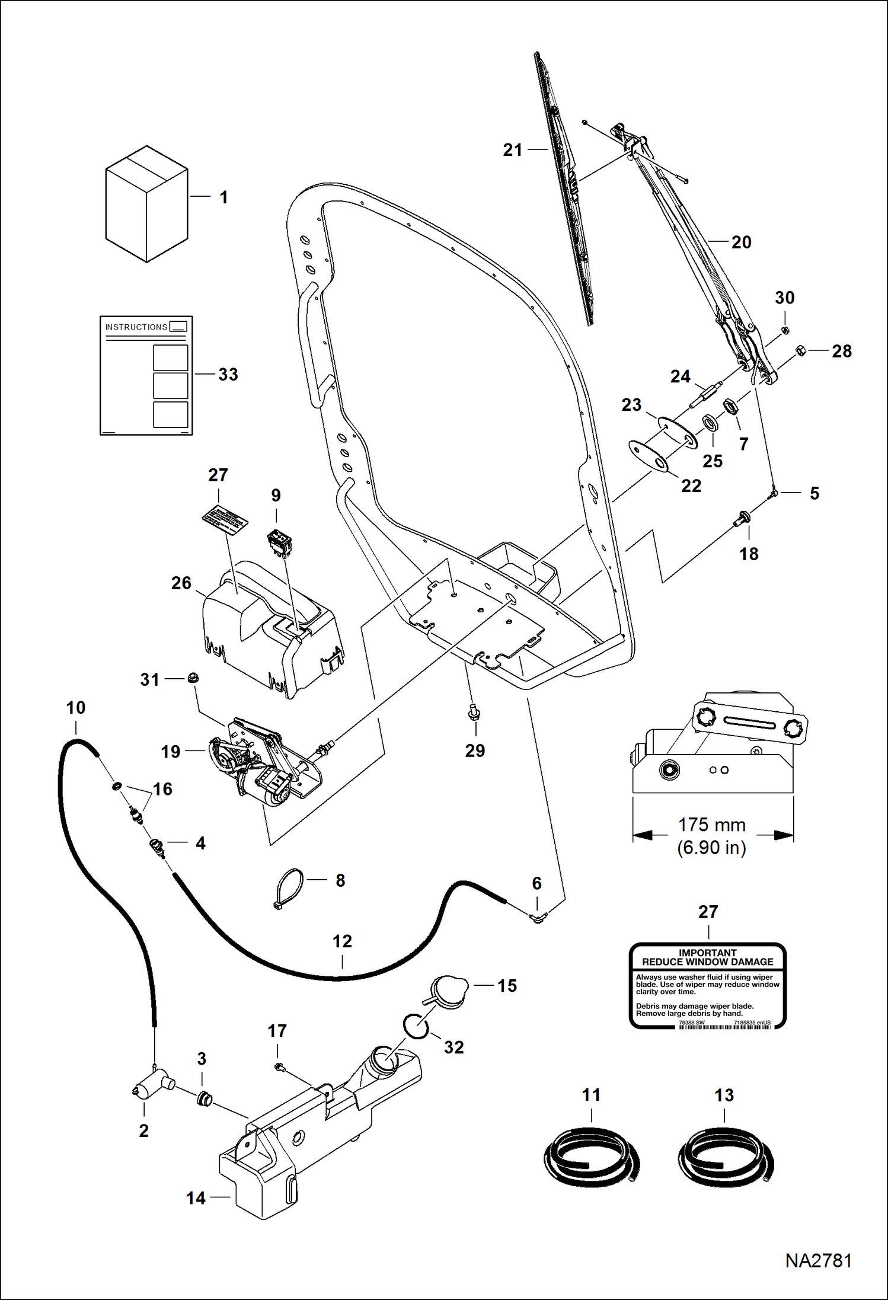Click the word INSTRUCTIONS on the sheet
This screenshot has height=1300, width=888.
click(x=136, y=327)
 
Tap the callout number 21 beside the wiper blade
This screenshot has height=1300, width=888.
click(x=513, y=150)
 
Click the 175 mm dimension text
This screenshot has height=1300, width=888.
click(x=711, y=825)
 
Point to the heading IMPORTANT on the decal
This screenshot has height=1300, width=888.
click(x=707, y=953)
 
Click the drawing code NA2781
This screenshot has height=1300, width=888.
click(x=818, y=1261)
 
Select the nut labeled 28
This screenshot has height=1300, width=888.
click(x=800, y=350)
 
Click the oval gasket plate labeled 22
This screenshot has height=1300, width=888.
click(x=648, y=455)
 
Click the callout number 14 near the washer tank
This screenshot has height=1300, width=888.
click(x=196, y=1198)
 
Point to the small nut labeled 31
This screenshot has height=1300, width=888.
click(x=192, y=678)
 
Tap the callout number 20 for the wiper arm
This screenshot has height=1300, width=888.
click(x=741, y=242)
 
